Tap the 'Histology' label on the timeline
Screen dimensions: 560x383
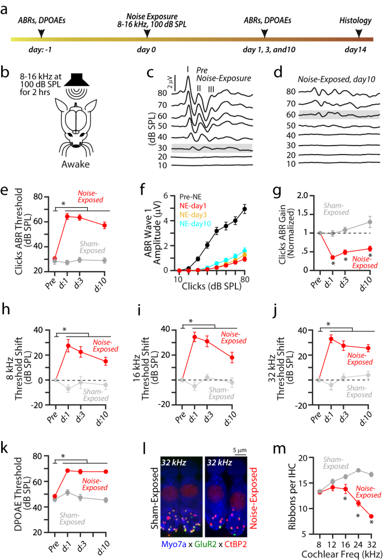tap(356, 20)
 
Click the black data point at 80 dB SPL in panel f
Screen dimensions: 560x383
tap(245, 209)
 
